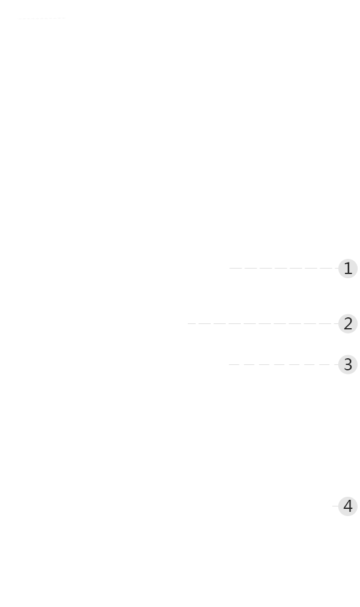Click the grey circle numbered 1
[x=347, y=269]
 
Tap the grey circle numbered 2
[x=347, y=323]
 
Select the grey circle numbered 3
[x=347, y=365]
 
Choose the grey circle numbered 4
[x=347, y=506]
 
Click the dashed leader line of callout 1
[x=284, y=268]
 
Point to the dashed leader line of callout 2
[x=263, y=323]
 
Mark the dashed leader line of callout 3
[x=284, y=365]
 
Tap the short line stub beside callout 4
[x=335, y=506]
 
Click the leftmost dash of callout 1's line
[x=235, y=268]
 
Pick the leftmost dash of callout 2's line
[x=191, y=323]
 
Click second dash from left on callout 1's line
[x=250, y=268]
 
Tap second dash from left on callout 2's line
[x=205, y=323]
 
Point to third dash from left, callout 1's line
[x=265, y=268]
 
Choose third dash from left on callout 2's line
[x=220, y=323]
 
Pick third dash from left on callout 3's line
[x=264, y=365]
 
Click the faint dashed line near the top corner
[x=42, y=18]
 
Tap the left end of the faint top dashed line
[x=19, y=18]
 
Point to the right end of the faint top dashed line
[x=65, y=18]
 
